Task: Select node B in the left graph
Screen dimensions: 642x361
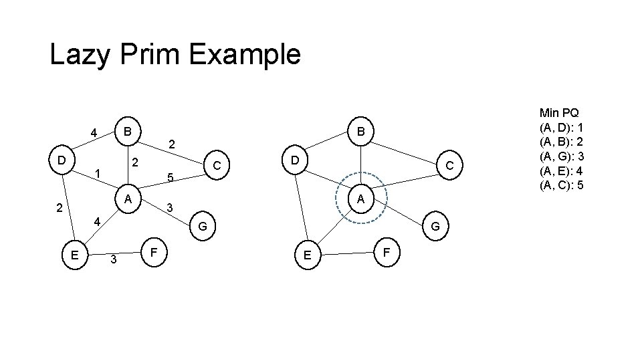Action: [x=127, y=129]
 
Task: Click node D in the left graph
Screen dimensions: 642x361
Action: [x=61, y=161]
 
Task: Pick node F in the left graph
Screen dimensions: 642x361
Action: [x=154, y=253]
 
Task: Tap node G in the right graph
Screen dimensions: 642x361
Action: [x=435, y=227]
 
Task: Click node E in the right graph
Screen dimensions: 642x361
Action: [x=307, y=255]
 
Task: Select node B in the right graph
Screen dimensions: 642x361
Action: [x=360, y=132]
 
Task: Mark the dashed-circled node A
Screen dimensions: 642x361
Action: [x=360, y=199]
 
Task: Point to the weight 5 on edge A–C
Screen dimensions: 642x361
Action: [x=171, y=178]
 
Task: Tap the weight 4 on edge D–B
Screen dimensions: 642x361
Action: [x=94, y=132]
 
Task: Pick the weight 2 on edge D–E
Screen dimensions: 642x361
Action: [x=59, y=208]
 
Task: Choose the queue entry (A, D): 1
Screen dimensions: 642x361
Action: [x=562, y=127]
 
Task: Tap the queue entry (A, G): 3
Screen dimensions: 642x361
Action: [x=562, y=156]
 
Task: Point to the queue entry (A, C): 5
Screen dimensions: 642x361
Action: [x=562, y=184]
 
